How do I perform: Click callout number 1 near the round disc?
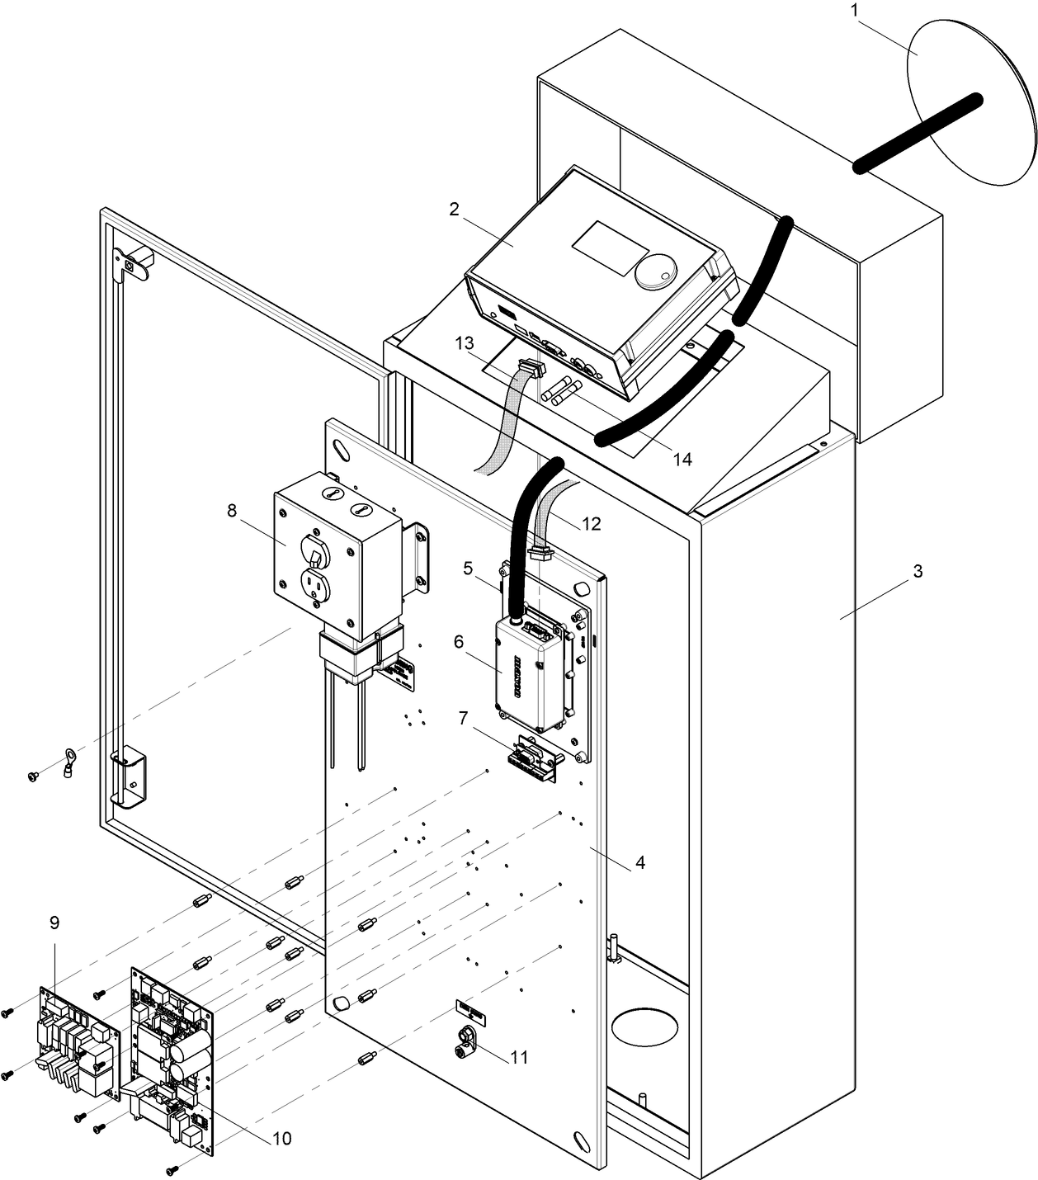click(x=855, y=12)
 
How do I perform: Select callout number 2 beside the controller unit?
click(x=454, y=210)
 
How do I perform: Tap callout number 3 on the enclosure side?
click(x=918, y=572)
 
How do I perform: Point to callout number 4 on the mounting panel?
click(x=639, y=863)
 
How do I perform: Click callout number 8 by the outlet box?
click(x=232, y=511)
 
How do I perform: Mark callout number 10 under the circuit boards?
click(x=281, y=1139)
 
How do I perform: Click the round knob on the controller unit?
click(x=657, y=269)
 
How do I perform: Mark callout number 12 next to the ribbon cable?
click(x=591, y=524)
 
